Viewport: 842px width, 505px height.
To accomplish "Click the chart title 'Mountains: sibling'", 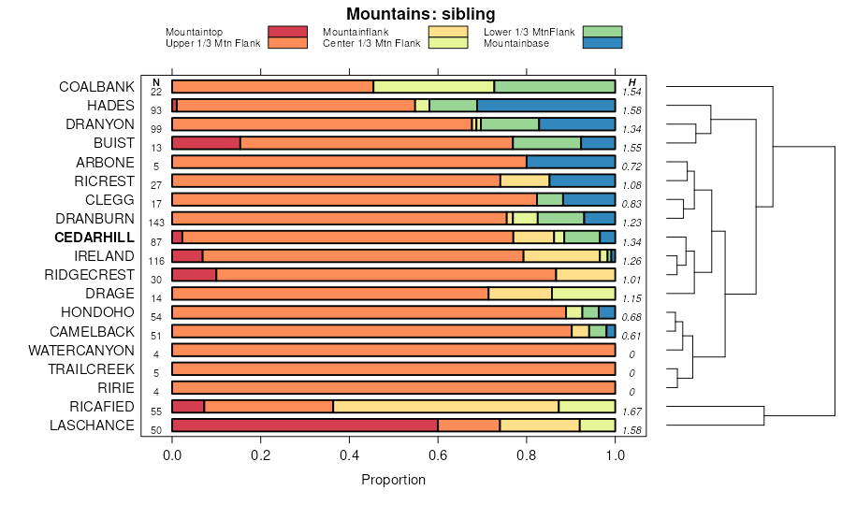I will coord(420,14).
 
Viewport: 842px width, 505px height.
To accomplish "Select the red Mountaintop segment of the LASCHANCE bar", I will coord(305,426).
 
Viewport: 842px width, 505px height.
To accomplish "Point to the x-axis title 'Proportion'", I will coord(393,480).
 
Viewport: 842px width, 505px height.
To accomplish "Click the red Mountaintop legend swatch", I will coord(287,32).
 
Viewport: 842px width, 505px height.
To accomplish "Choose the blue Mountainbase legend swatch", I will coord(602,43).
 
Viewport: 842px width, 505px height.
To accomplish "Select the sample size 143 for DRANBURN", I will coord(156,223).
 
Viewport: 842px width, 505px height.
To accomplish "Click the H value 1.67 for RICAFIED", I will coord(631,411).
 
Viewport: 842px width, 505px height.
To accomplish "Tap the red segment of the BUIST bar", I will coord(206,143).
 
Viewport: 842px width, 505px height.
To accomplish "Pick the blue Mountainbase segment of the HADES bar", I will coord(546,106).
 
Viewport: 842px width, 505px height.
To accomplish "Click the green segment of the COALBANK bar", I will coord(555,87).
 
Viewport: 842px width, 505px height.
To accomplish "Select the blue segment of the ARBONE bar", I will coord(571,162).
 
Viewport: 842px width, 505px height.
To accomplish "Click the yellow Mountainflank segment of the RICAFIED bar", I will coord(446,407).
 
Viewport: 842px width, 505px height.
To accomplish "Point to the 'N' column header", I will coord(156,82).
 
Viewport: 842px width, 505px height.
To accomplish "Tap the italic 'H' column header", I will coord(631,82).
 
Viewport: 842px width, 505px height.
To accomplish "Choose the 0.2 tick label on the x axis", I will coord(261,455).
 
